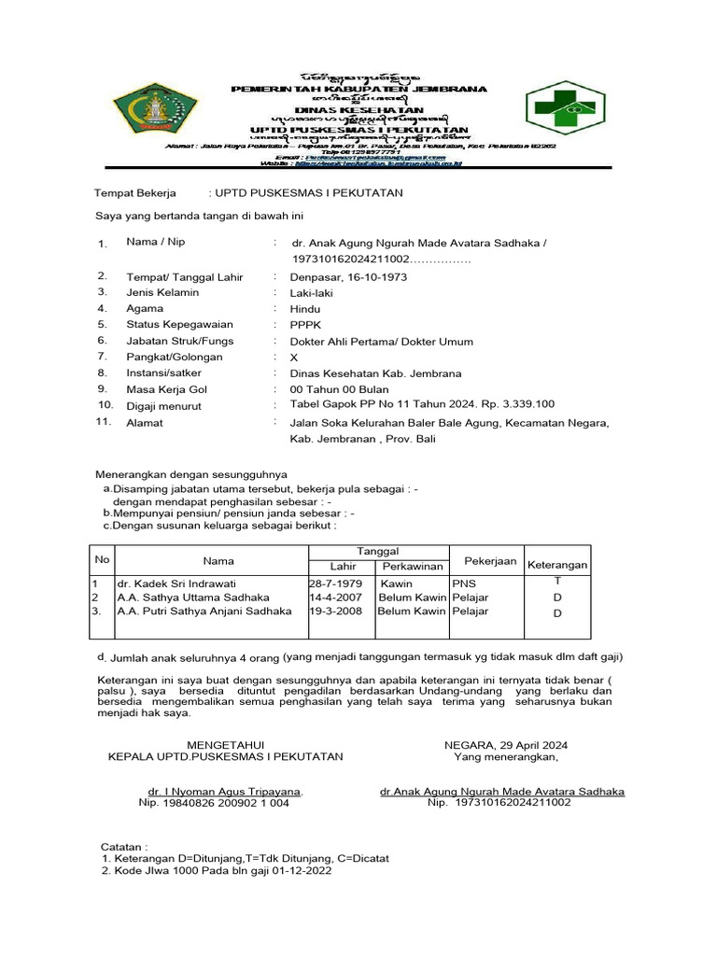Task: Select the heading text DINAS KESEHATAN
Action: pyautogui.click(x=359, y=109)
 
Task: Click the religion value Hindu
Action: pyautogui.click(x=304, y=309)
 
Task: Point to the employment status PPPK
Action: pyautogui.click(x=304, y=325)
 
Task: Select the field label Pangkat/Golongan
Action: pyautogui.click(x=175, y=358)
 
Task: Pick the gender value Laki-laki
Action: pyautogui.click(x=313, y=293)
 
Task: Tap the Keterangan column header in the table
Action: pyautogui.click(x=557, y=566)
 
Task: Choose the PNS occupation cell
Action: pyautogui.click(x=464, y=583)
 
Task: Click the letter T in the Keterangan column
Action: pyautogui.click(x=557, y=581)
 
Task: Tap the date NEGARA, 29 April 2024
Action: pyautogui.click(x=505, y=745)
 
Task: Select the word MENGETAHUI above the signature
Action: pyautogui.click(x=225, y=745)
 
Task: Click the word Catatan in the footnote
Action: pyautogui.click(x=124, y=845)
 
